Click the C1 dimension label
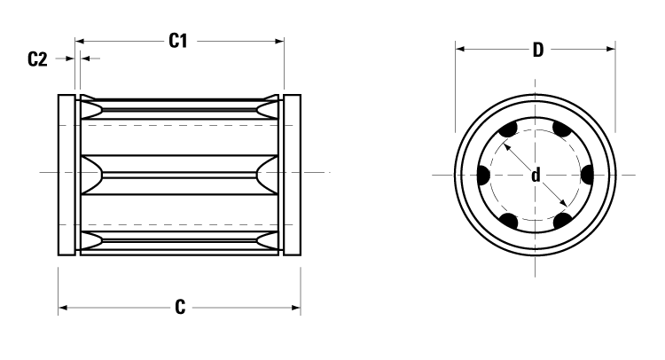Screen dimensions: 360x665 [x=179, y=41]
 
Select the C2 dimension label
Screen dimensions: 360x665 [x=36, y=59]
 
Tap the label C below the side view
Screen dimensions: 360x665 [x=180, y=308]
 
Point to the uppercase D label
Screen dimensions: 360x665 [x=537, y=50]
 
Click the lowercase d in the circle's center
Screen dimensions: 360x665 [x=536, y=176]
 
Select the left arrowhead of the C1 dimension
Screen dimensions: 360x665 [x=80, y=41]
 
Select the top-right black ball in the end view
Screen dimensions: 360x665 [x=561, y=131]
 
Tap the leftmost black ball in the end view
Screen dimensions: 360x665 [x=483, y=175]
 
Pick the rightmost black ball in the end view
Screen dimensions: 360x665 [x=587, y=175]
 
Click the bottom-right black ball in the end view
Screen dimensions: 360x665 [x=561, y=219]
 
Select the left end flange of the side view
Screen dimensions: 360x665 [x=67, y=175]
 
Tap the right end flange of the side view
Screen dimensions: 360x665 [x=292, y=175]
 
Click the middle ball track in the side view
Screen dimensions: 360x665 [x=180, y=170]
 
